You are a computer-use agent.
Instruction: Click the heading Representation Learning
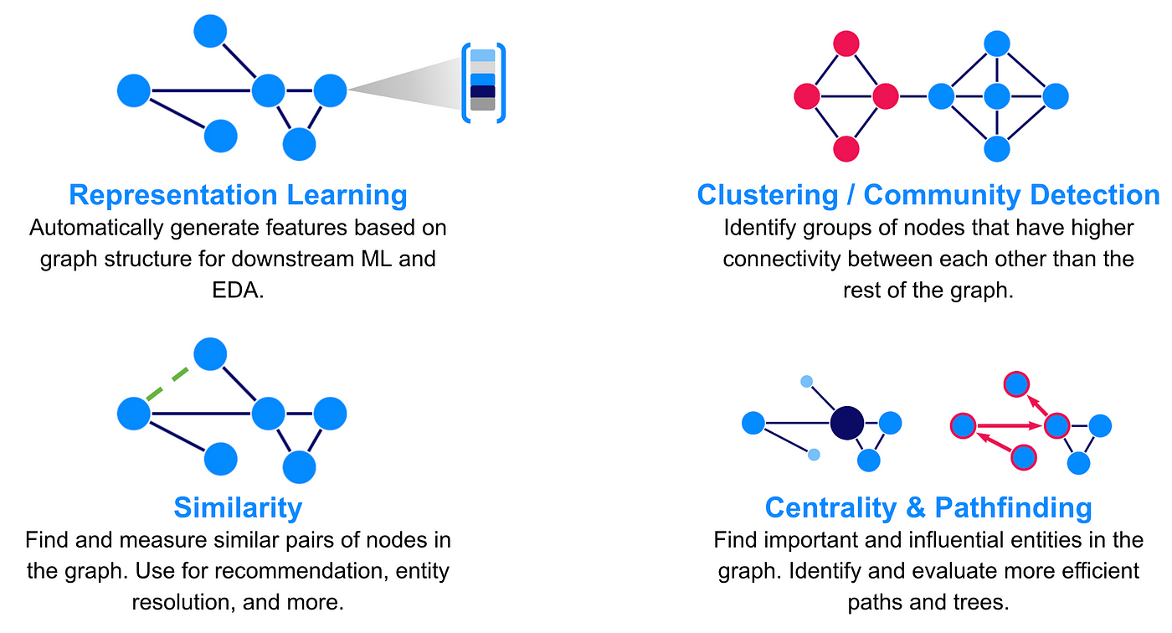point(238,194)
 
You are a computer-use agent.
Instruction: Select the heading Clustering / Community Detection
point(928,194)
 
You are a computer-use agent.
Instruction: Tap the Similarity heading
point(238,507)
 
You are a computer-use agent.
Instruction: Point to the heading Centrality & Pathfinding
point(928,507)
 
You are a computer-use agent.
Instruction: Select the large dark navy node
point(846,423)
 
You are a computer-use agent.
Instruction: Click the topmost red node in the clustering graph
point(846,44)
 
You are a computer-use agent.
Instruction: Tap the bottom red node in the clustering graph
point(846,148)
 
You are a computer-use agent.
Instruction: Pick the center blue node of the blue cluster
point(995,96)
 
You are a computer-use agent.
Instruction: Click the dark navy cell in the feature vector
point(483,91)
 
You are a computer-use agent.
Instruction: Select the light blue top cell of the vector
point(483,55)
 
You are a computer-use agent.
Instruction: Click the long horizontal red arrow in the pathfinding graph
point(1009,426)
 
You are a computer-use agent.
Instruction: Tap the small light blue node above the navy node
point(806,382)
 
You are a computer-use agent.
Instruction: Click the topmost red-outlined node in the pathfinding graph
point(1015,384)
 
